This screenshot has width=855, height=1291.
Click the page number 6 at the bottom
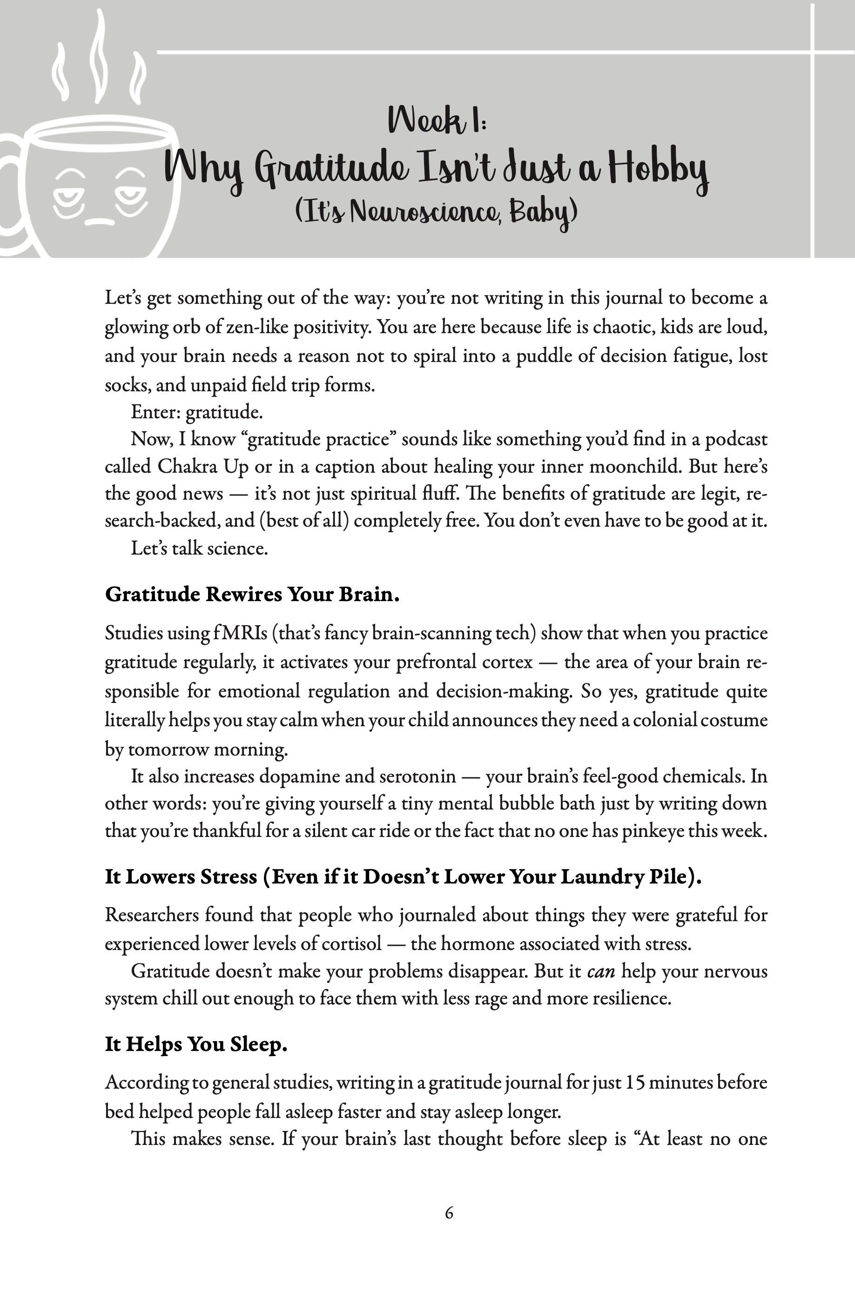(449, 1212)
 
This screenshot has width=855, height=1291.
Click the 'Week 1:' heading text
(437, 120)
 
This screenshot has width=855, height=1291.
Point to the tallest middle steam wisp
(98, 57)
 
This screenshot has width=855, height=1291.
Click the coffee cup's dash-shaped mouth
(100, 221)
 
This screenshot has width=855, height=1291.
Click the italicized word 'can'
(601, 971)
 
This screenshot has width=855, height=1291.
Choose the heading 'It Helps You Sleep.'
(196, 1044)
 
